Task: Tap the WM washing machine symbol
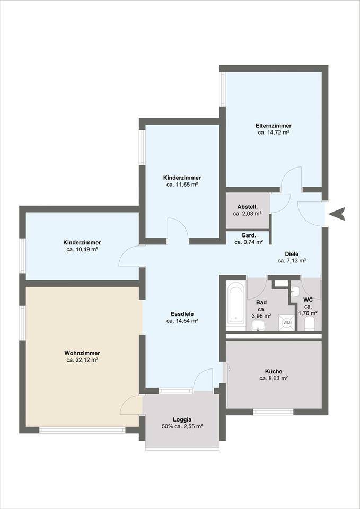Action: [x=286, y=323]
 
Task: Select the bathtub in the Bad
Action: [x=236, y=303]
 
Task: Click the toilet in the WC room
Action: [x=310, y=324]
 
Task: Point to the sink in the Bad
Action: [x=258, y=325]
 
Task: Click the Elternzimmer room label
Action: [x=274, y=126]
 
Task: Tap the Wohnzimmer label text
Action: [x=82, y=353]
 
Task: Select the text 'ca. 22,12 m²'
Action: [x=82, y=360]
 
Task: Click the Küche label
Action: [x=274, y=371]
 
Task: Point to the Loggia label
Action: [x=182, y=420]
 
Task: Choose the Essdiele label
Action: [x=182, y=314]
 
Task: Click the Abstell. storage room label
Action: [x=248, y=207]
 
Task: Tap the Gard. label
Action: [x=248, y=235]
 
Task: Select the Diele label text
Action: [x=292, y=254]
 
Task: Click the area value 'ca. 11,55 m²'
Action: [x=182, y=185]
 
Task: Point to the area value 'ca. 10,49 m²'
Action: [x=82, y=249]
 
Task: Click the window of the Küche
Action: [x=273, y=411]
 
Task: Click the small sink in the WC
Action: [x=295, y=292]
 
